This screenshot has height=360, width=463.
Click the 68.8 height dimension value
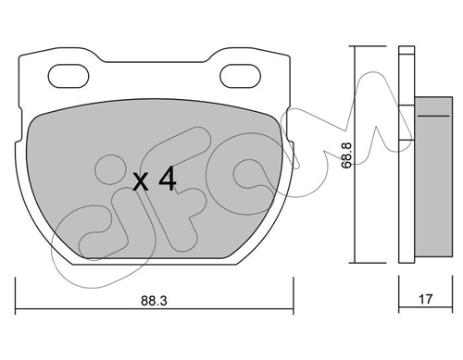pyautogui.click(x=346, y=155)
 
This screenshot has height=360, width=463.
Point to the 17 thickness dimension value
pyautogui.click(x=426, y=299)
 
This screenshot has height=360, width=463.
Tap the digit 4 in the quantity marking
pyautogui.click(x=168, y=180)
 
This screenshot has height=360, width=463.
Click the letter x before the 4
pyautogui.click(x=141, y=182)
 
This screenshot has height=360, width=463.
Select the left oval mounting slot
pyautogui.click(x=69, y=76)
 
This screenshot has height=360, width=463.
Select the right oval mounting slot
pyautogui.click(x=240, y=76)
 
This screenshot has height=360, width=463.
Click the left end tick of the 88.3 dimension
pyautogui.click(x=16, y=295)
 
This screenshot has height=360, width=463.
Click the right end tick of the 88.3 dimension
pyautogui.click(x=294, y=295)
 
